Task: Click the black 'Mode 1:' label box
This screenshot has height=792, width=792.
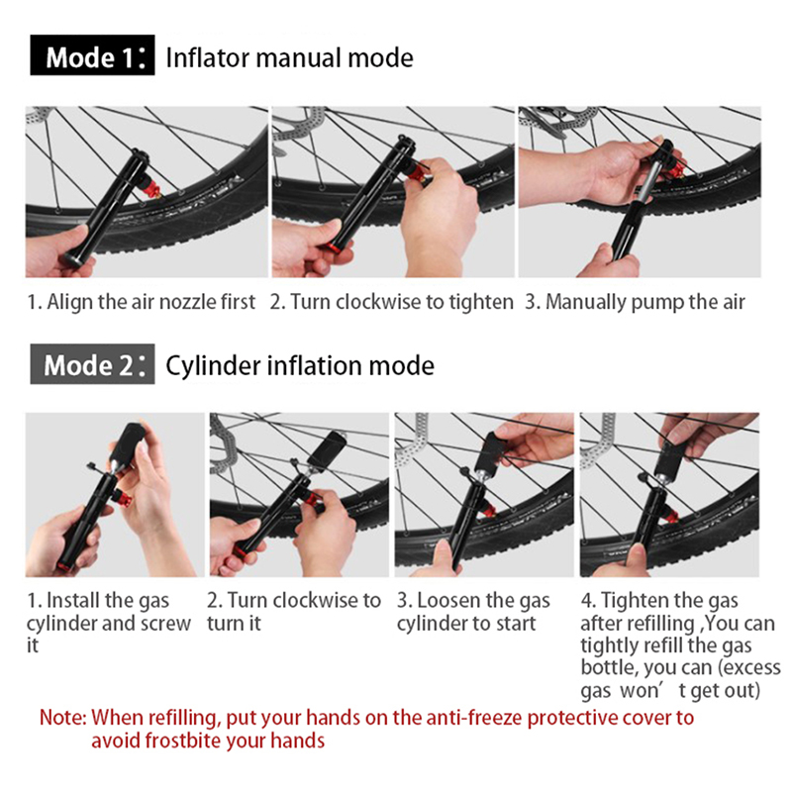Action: [92, 55]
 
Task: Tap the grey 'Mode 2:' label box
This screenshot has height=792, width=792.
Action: [92, 363]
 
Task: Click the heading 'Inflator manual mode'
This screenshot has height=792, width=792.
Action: [289, 57]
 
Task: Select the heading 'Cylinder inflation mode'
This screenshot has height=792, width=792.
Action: [300, 365]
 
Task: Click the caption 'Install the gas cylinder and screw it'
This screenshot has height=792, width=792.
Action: [109, 623]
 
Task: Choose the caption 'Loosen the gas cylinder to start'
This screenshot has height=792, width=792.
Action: [473, 612]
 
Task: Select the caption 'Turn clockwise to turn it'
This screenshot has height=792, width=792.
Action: [294, 612]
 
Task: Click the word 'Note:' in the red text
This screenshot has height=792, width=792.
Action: [63, 717]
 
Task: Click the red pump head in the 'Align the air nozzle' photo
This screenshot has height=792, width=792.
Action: [152, 191]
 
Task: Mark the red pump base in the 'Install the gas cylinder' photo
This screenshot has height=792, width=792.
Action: [65, 566]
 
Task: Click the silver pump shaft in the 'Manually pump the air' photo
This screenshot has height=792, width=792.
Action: [641, 182]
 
